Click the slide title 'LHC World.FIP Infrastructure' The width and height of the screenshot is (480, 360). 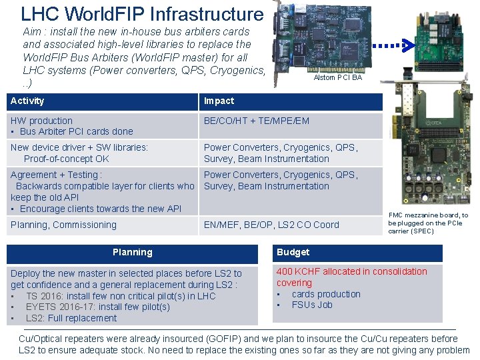click(x=142, y=14)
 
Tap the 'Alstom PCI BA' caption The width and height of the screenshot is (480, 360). click(x=337, y=78)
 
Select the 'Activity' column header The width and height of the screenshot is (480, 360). click(x=27, y=101)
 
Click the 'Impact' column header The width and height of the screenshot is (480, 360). click(x=219, y=101)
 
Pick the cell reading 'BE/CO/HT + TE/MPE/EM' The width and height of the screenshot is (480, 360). click(x=256, y=121)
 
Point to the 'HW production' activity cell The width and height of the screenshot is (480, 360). click(x=41, y=121)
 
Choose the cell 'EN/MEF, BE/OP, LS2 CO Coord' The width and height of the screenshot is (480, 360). click(x=271, y=225)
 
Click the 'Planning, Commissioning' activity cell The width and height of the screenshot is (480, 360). click(x=63, y=225)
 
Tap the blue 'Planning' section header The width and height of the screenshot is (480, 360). click(x=132, y=253)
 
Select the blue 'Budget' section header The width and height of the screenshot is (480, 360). click(x=293, y=253)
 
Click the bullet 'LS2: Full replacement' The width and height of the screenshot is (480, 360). click(x=71, y=319)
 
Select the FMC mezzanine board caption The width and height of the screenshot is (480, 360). click(x=428, y=223)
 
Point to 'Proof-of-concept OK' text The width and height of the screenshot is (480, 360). click(x=66, y=159)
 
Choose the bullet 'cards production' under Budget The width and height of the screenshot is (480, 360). click(x=325, y=294)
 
